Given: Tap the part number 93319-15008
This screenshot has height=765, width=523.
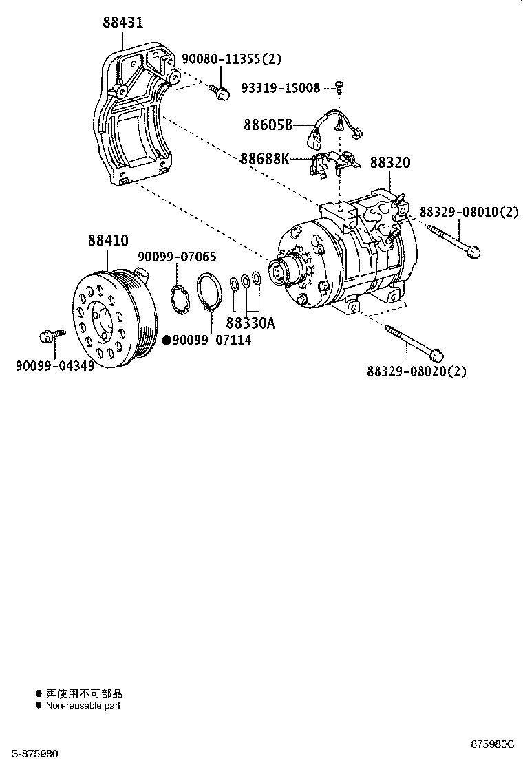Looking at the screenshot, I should click(x=280, y=87).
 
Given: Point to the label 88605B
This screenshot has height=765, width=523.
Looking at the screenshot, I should click(x=268, y=125).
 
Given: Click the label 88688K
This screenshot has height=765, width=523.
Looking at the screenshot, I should click(x=265, y=159).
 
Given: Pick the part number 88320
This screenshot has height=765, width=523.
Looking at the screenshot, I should click(x=390, y=163).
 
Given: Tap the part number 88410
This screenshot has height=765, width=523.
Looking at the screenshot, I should click(x=107, y=241).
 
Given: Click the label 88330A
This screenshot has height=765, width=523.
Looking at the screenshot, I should click(x=250, y=323).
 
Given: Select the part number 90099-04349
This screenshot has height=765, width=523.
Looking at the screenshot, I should click(x=54, y=365).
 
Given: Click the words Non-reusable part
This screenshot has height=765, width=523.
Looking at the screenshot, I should click(x=83, y=705).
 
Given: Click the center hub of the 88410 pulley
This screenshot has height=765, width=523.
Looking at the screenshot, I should click(x=103, y=321).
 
